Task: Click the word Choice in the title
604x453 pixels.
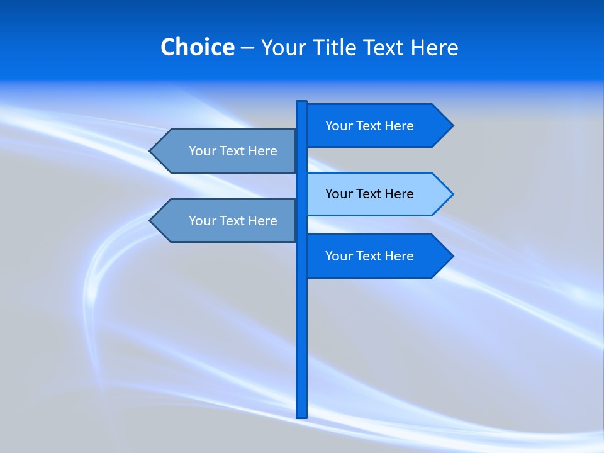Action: (197, 47)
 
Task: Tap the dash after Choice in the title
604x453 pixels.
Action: (247, 48)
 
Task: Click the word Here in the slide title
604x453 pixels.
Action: (434, 47)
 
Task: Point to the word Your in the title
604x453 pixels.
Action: (283, 47)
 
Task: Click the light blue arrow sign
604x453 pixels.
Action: (371, 194)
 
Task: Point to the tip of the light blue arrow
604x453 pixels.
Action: (452, 194)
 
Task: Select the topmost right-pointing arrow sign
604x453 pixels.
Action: (371, 126)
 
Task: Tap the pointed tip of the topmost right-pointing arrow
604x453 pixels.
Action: (452, 126)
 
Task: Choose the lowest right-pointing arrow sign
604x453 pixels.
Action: (371, 256)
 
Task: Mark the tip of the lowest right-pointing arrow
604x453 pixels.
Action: (452, 256)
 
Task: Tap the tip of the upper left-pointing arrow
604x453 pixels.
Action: (150, 151)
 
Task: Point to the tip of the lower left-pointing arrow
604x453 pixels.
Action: (150, 221)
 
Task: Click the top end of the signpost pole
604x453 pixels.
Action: (301, 103)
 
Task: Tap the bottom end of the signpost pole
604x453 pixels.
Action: (301, 416)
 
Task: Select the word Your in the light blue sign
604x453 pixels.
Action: (338, 194)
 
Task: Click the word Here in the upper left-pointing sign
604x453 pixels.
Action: (262, 151)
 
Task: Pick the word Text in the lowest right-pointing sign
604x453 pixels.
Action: (369, 256)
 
